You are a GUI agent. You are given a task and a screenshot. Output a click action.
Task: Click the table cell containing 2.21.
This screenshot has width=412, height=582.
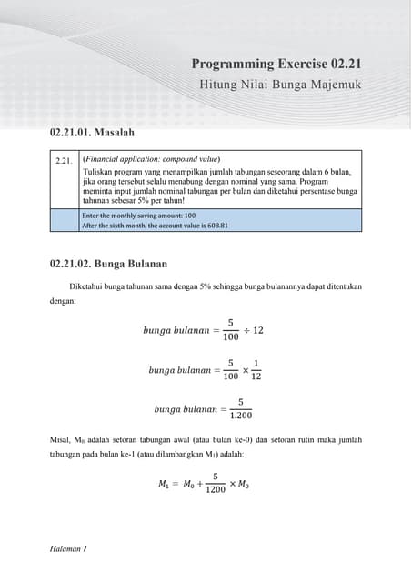(x=64, y=160)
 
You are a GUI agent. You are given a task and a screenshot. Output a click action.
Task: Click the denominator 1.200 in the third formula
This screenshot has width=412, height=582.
(x=241, y=416)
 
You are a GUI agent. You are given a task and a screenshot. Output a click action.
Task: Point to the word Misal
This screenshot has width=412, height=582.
(x=60, y=439)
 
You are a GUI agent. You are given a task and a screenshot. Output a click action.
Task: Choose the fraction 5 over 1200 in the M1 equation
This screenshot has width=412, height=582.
(x=215, y=483)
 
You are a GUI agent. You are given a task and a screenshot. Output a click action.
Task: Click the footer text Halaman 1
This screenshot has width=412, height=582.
(x=68, y=549)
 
